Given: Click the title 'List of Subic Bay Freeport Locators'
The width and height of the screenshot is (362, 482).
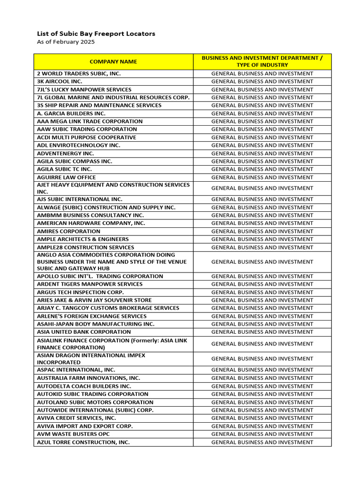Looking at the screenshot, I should (96, 34).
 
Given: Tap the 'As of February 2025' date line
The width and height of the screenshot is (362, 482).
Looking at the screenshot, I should (66, 42).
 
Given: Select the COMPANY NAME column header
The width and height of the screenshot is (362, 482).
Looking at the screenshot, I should (113, 62).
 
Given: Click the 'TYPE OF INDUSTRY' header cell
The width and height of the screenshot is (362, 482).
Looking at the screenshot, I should (262, 65).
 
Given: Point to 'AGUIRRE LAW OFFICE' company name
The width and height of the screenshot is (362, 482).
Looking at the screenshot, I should (66, 177).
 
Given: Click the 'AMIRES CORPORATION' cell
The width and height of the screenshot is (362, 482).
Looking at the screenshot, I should (68, 232).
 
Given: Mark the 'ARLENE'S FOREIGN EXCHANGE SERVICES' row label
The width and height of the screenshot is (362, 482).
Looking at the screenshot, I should (91, 316).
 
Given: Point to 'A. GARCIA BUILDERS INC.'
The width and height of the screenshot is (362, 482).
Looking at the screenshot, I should (71, 113).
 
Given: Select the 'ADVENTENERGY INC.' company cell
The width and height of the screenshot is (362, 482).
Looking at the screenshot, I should (66, 153).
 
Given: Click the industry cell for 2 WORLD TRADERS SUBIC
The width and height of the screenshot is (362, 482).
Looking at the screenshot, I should (262, 73).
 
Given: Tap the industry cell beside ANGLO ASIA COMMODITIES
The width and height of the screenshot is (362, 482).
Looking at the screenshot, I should (262, 262).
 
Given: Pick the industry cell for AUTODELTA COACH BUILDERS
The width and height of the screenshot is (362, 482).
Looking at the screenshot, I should (262, 386).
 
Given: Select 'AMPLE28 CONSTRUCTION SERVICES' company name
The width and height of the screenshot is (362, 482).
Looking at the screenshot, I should (85, 247).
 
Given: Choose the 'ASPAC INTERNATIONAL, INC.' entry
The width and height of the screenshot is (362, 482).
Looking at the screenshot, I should (76, 370).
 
